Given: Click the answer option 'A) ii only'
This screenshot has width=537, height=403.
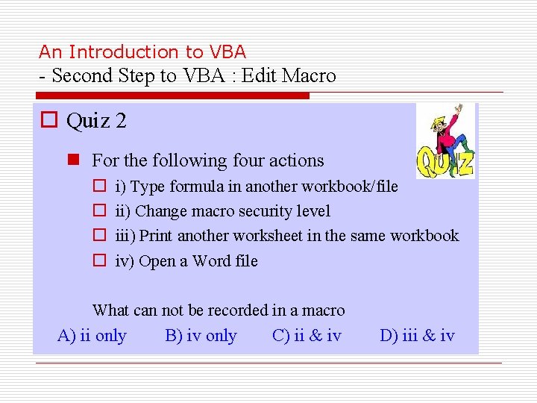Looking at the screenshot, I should pyautogui.click(x=92, y=336).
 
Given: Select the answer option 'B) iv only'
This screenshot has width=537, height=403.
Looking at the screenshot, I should pyautogui.click(x=201, y=336).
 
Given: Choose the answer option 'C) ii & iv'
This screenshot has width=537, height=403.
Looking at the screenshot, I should pyautogui.click(x=307, y=336).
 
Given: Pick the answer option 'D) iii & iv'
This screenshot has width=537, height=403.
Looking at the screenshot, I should pyautogui.click(x=417, y=336).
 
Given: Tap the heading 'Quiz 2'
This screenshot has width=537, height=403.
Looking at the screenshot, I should pyautogui.click(x=96, y=120).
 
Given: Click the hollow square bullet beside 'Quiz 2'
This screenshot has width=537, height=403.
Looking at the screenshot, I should pyautogui.click(x=50, y=120).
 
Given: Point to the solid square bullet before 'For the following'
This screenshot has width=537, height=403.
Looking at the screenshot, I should pyautogui.click(x=73, y=160).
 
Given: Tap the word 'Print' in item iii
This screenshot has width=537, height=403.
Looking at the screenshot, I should pyautogui.click(x=157, y=236).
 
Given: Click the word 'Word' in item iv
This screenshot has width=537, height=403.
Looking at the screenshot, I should pyautogui.click(x=211, y=261).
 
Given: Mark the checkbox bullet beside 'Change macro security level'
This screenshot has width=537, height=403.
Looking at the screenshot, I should pyautogui.click(x=98, y=211).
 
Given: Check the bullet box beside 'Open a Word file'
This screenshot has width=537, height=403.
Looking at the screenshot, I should pyautogui.click(x=98, y=261).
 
